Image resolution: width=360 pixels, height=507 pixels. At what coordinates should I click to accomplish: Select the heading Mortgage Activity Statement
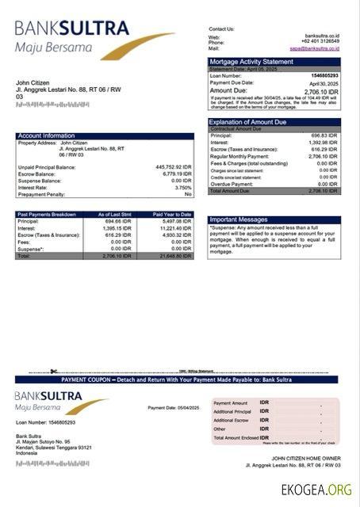(x=251, y=61)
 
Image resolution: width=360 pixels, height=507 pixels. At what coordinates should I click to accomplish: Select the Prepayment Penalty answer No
(x=188, y=194)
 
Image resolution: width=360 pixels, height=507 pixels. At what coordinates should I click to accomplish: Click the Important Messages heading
(x=239, y=219)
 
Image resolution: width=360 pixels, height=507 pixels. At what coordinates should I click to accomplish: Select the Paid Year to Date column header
(x=172, y=214)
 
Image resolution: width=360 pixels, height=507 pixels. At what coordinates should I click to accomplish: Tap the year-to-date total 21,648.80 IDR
(x=174, y=256)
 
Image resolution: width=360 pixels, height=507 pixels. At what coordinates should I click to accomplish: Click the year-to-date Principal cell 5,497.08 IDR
(x=176, y=221)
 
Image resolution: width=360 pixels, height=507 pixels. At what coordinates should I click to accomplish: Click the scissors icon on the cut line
(x=53, y=371)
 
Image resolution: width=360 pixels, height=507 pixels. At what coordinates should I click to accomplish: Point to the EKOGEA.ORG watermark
(x=316, y=490)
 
